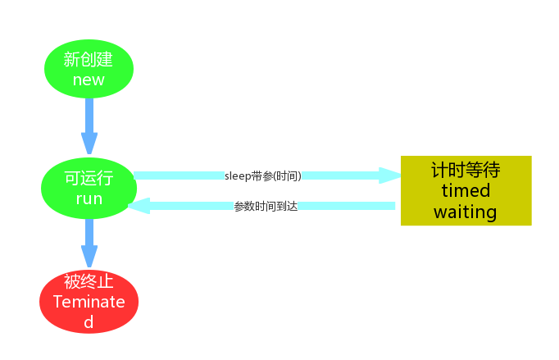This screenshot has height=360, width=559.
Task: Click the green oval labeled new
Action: click(x=89, y=69)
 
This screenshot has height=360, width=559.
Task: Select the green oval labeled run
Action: click(x=89, y=188)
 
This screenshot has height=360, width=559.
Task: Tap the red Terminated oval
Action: click(x=89, y=301)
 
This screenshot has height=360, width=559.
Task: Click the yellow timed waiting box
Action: click(x=466, y=190)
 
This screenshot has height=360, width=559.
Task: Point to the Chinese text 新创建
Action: click(x=89, y=59)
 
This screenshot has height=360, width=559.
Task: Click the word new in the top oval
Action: click(x=89, y=80)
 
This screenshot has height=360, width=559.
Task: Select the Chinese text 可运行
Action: click(x=89, y=178)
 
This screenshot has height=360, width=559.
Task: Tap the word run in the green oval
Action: click(x=89, y=198)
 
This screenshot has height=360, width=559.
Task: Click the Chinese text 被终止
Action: click(x=89, y=281)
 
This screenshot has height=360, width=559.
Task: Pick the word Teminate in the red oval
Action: click(x=89, y=301)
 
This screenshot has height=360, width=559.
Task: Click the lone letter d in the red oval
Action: click(x=89, y=321)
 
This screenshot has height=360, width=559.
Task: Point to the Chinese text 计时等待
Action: click(x=466, y=170)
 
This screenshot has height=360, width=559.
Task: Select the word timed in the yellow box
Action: click(x=466, y=190)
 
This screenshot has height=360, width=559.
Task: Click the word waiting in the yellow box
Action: click(x=466, y=212)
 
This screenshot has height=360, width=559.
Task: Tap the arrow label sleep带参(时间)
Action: click(x=262, y=175)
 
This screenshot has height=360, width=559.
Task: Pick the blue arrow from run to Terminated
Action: click(x=89, y=244)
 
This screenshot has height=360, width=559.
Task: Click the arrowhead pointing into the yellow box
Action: click(x=389, y=175)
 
